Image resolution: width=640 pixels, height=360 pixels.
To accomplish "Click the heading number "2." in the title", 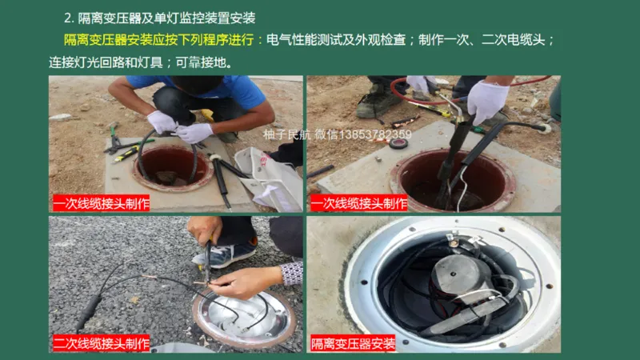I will click(x=70, y=18).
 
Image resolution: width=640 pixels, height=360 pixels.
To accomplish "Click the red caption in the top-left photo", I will click(x=101, y=203).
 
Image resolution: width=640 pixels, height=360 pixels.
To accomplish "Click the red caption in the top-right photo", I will click(x=358, y=203).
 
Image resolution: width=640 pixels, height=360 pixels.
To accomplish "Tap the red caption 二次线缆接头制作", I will click(x=101, y=344).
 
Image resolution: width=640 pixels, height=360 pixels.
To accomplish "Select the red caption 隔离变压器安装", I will click(x=353, y=344).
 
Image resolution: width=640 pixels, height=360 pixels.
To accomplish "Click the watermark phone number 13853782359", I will click(x=375, y=134).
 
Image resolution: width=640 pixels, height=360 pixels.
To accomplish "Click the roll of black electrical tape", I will click(x=398, y=143).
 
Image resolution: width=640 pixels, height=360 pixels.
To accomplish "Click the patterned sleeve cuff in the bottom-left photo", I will click(x=292, y=273).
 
